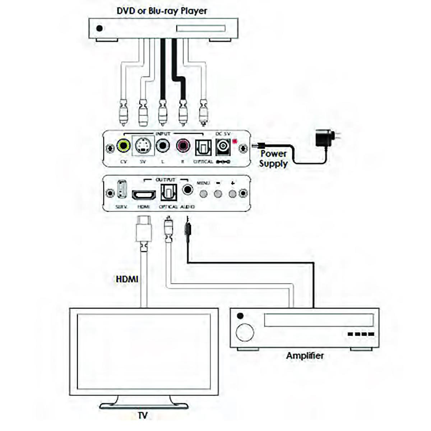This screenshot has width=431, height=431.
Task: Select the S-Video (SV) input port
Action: (143, 146)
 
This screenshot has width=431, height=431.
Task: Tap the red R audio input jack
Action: (182, 146)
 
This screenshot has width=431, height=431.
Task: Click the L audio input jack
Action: (163, 146)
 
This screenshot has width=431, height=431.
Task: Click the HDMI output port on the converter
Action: (144, 195)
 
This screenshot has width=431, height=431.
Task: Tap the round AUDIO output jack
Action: (187, 189)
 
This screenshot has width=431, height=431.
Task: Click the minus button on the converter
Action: (218, 194)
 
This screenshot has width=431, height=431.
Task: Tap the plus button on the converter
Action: (233, 194)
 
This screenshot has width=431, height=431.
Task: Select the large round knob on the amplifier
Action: (245, 332)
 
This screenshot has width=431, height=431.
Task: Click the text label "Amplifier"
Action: (305, 356)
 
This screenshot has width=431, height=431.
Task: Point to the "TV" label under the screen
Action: (143, 416)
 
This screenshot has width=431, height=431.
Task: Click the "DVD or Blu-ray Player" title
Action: (162, 11)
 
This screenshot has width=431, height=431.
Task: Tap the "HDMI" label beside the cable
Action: (127, 279)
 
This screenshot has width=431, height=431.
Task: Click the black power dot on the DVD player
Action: (100, 28)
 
